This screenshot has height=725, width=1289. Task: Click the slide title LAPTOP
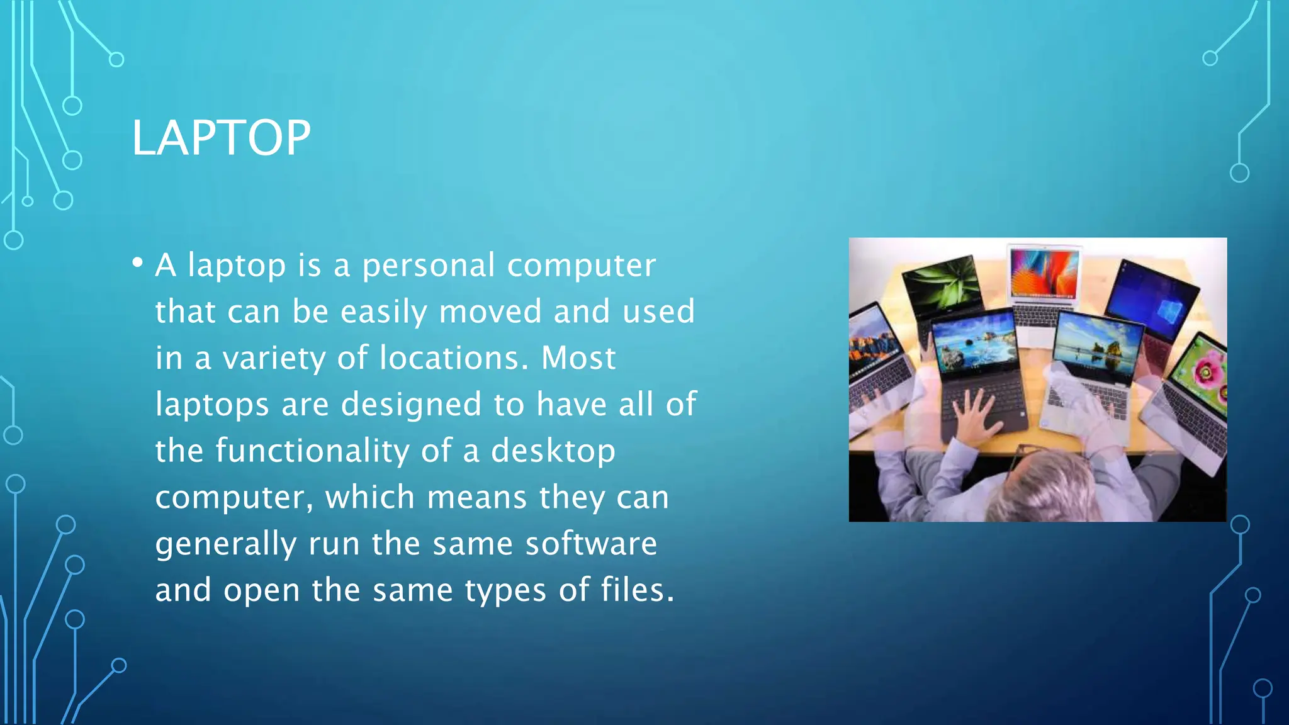click(x=221, y=138)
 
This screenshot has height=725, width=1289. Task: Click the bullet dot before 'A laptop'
click(x=138, y=263)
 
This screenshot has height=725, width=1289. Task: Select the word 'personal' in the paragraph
click(x=428, y=266)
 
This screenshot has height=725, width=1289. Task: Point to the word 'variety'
click(x=274, y=358)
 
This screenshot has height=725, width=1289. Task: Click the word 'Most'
click(x=578, y=358)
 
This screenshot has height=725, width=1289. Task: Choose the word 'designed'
click(x=411, y=404)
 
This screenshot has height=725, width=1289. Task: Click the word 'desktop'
click(x=553, y=452)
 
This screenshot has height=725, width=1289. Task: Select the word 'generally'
click(x=226, y=545)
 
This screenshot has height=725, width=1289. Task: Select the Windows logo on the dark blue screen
click(x=1169, y=310)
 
